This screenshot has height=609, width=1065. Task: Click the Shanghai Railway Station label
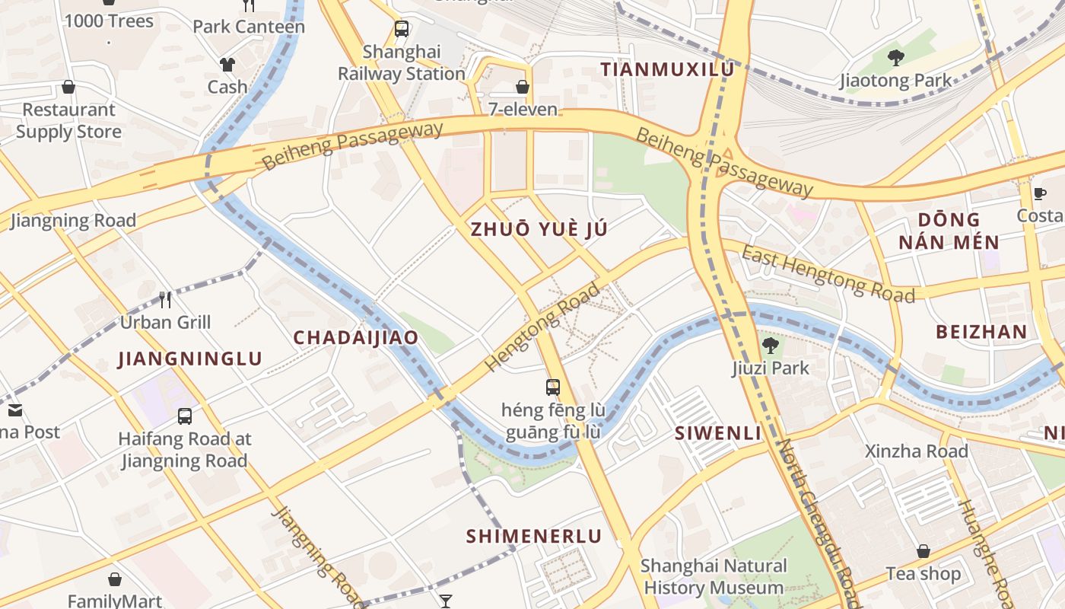coord(402,63)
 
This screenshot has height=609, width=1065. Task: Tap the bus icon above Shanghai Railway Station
coord(402,30)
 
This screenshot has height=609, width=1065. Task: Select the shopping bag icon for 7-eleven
coord(523,87)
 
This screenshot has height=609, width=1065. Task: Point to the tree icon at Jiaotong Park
coord(896,57)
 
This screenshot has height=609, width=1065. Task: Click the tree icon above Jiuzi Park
coord(770,346)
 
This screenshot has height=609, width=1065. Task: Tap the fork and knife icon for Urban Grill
coord(165,299)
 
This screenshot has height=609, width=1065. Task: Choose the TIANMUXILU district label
coord(667,69)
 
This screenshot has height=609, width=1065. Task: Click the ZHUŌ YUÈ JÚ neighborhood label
coord(539,229)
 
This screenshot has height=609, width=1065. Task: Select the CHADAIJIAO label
coord(356,338)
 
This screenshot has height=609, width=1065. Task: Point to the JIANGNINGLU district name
coord(190,359)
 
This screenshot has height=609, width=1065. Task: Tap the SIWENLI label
coord(718,433)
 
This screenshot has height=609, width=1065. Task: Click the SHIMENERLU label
coord(533,536)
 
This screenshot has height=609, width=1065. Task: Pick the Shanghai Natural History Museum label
coord(714,577)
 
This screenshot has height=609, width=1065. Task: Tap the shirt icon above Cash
coord(227,65)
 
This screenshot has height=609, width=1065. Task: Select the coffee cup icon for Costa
coord(1039,193)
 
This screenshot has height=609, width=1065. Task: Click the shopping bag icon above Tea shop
coord(923,550)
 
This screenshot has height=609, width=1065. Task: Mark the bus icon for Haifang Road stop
coord(185,416)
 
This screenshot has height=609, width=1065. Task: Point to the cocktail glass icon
coord(446,601)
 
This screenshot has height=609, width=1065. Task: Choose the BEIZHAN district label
coord(981,332)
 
